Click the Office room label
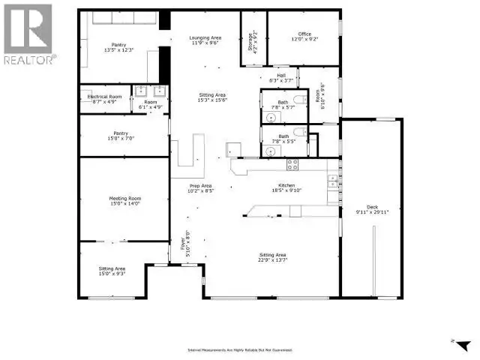pyautogui.click(x=303, y=34)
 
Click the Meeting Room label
pyautogui.click(x=125, y=199)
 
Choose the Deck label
pyautogui.click(x=372, y=208)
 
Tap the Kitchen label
pyautogui.click(x=286, y=185)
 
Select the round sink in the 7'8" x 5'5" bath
pyautogui.click(x=270, y=150)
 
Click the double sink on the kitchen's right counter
pyautogui.click(x=331, y=180)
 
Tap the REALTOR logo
pyautogui.click(x=28, y=34)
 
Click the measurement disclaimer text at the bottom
pyautogui.click(x=240, y=350)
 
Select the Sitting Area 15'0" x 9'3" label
pyautogui.click(x=112, y=271)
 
